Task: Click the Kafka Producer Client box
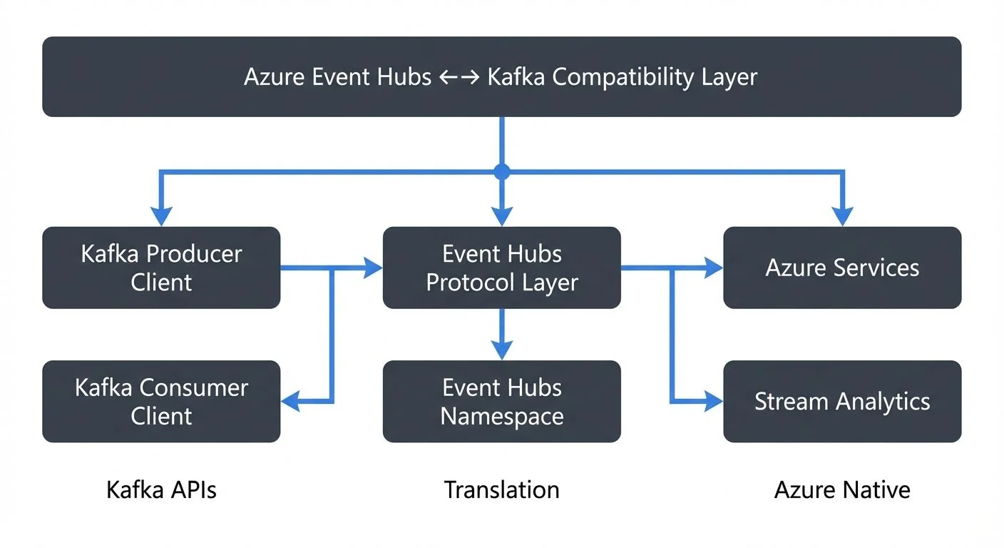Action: (x=161, y=268)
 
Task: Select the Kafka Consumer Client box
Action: (x=161, y=401)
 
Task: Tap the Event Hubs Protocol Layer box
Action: (x=501, y=268)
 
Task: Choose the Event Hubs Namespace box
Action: (x=501, y=401)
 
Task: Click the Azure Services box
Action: (x=842, y=268)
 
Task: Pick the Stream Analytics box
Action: (x=842, y=401)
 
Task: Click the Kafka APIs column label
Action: (x=161, y=490)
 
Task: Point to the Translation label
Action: (x=501, y=490)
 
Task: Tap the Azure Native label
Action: (x=842, y=490)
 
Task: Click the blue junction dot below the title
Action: (x=502, y=171)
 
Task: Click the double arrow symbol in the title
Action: (x=459, y=77)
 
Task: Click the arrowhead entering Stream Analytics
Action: (x=714, y=402)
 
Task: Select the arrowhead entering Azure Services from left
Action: (x=714, y=268)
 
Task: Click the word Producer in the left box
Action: (x=193, y=254)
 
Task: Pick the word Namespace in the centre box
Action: (x=501, y=416)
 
